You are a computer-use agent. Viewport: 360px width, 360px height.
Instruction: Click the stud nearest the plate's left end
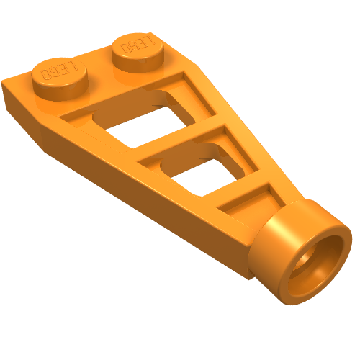coord(60,78)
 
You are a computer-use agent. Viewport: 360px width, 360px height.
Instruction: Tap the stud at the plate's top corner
coord(137,52)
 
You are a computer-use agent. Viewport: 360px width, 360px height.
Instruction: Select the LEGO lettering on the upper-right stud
coord(138,45)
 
